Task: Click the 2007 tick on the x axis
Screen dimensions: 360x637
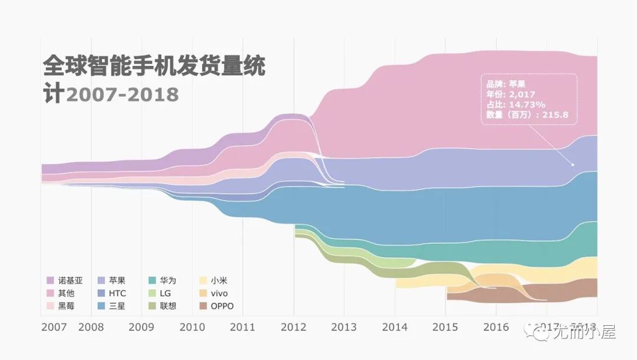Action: tap(54, 327)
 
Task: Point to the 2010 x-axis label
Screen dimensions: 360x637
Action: tap(192, 327)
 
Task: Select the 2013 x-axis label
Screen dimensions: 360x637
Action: tap(344, 327)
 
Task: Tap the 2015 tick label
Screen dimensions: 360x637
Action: tap(445, 327)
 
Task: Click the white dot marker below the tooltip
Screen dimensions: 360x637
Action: tap(573, 165)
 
